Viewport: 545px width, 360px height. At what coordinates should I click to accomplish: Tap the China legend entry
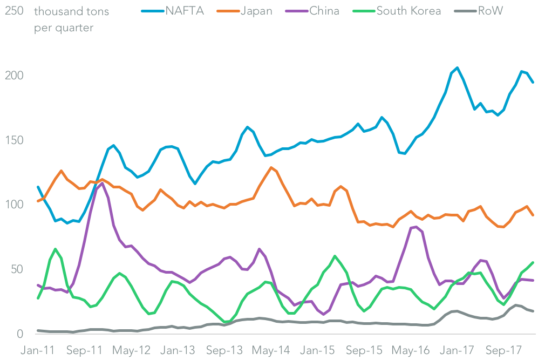324,11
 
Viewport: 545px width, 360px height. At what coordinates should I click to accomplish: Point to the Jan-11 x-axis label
38,350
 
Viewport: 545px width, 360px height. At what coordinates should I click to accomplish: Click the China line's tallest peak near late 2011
102,183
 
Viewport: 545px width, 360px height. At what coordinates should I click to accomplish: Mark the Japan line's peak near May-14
271,167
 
